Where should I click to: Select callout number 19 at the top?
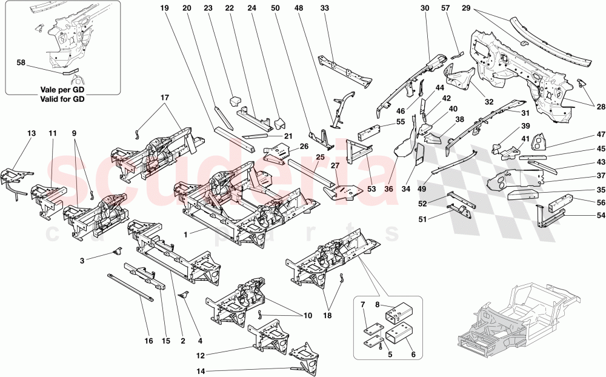[x=164, y=8]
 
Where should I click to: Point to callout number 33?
[x=324, y=8]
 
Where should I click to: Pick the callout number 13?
[x=32, y=133]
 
